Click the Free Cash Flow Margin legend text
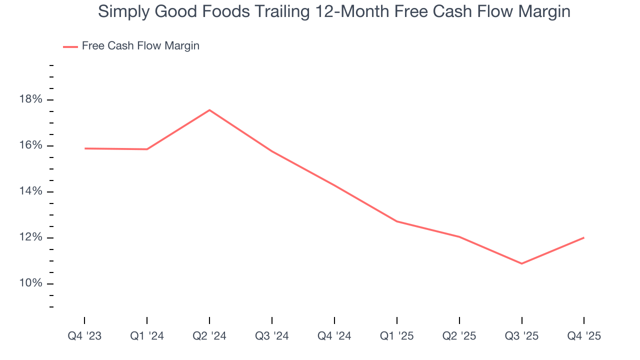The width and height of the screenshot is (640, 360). [x=140, y=46]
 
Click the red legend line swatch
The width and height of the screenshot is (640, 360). [x=70, y=46]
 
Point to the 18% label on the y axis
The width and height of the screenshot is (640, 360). [x=30, y=99]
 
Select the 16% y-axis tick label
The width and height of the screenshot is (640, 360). [x=30, y=145]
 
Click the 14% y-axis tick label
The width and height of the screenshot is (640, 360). [x=30, y=191]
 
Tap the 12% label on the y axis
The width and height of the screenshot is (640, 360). [x=30, y=237]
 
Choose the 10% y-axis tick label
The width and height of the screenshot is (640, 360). [x=30, y=283]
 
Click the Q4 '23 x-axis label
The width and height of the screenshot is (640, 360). [x=84, y=336]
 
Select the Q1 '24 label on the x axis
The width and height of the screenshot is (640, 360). [x=147, y=336]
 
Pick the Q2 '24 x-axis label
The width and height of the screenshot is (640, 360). [x=209, y=336]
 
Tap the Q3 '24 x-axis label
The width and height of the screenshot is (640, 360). [x=272, y=336]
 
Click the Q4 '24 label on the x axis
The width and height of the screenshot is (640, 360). [x=334, y=336]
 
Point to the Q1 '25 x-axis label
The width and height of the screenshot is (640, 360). [x=397, y=336]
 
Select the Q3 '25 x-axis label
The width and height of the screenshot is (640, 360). [x=521, y=336]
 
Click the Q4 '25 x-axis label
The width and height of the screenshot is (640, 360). [x=584, y=336]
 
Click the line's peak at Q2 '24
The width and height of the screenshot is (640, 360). [x=209, y=110]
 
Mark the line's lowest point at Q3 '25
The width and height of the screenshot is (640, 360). [x=521, y=263]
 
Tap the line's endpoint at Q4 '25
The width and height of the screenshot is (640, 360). [x=584, y=237]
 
